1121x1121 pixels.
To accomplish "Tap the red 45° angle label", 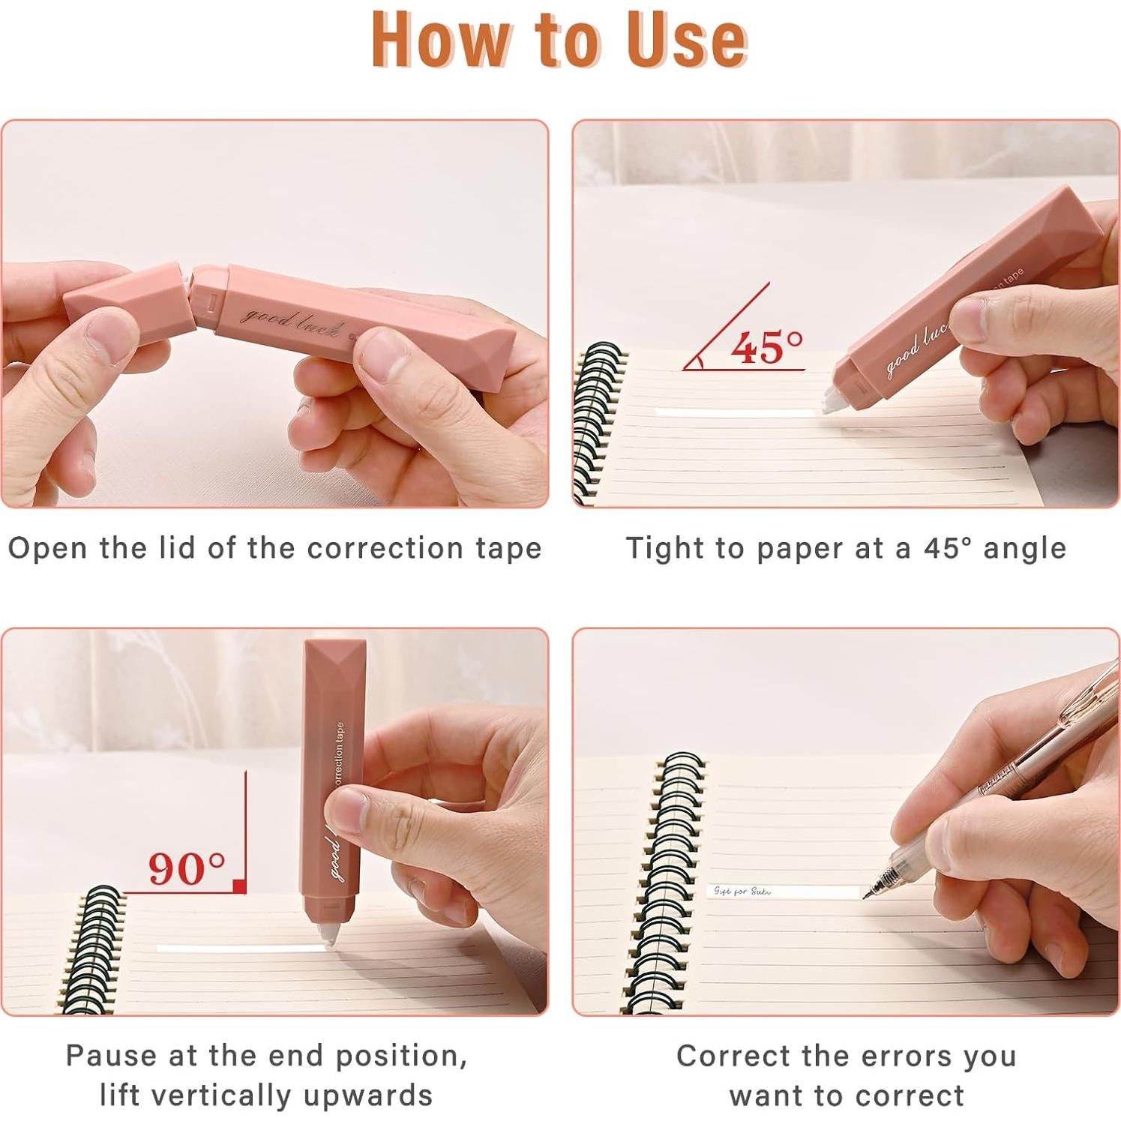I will click(x=766, y=348).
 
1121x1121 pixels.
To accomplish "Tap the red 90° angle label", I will click(x=186, y=868).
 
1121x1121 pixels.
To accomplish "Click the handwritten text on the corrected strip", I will click(x=742, y=891).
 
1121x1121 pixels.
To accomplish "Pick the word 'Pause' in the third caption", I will click(x=110, y=1056).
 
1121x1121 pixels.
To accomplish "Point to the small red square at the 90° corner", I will click(x=239, y=887).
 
